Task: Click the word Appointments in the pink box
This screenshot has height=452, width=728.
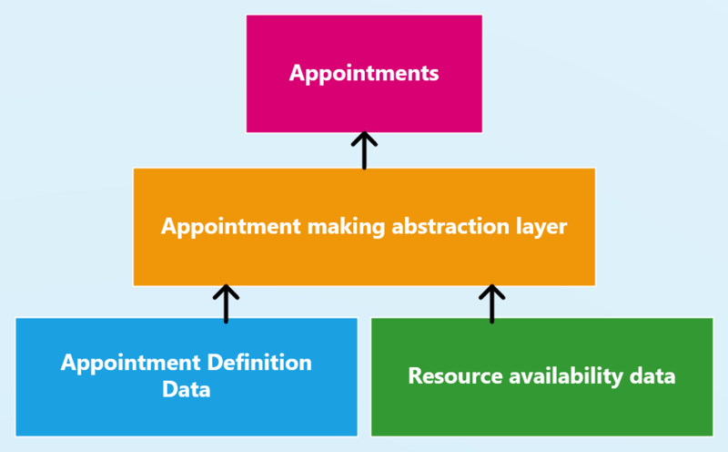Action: (364, 73)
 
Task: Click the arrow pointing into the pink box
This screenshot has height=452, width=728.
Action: (364, 150)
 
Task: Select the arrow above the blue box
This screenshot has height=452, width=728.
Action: (226, 304)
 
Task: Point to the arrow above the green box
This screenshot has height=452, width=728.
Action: (491, 304)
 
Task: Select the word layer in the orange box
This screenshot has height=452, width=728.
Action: (541, 227)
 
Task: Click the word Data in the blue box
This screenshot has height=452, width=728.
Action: (187, 390)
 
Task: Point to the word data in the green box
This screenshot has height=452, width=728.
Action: (653, 375)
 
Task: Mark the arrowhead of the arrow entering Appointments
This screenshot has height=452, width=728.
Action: (364, 138)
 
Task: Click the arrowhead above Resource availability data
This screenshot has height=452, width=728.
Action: (491, 291)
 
